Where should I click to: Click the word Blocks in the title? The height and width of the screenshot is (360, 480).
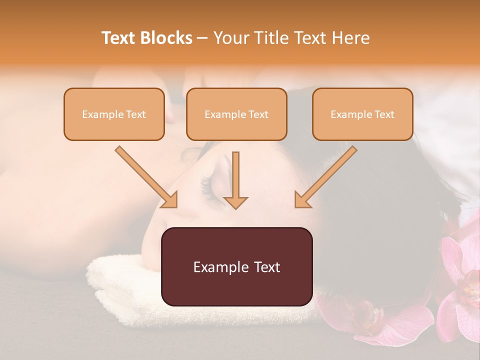click(x=166, y=38)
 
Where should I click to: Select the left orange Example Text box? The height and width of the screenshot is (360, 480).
click(x=114, y=114)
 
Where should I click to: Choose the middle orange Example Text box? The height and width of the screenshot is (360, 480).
click(x=236, y=114)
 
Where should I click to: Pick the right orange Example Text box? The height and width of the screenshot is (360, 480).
click(x=362, y=114)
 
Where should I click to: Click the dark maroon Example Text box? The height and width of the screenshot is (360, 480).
click(x=236, y=266)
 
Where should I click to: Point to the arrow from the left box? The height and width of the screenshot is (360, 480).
click(x=145, y=176)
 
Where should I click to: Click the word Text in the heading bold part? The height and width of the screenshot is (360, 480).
click(x=119, y=38)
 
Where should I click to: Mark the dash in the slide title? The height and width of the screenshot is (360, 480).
click(x=202, y=38)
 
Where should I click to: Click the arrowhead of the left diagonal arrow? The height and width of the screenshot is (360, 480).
click(x=170, y=200)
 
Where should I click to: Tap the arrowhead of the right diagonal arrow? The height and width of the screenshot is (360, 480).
click(x=301, y=200)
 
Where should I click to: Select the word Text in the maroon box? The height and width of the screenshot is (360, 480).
click(x=266, y=267)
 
